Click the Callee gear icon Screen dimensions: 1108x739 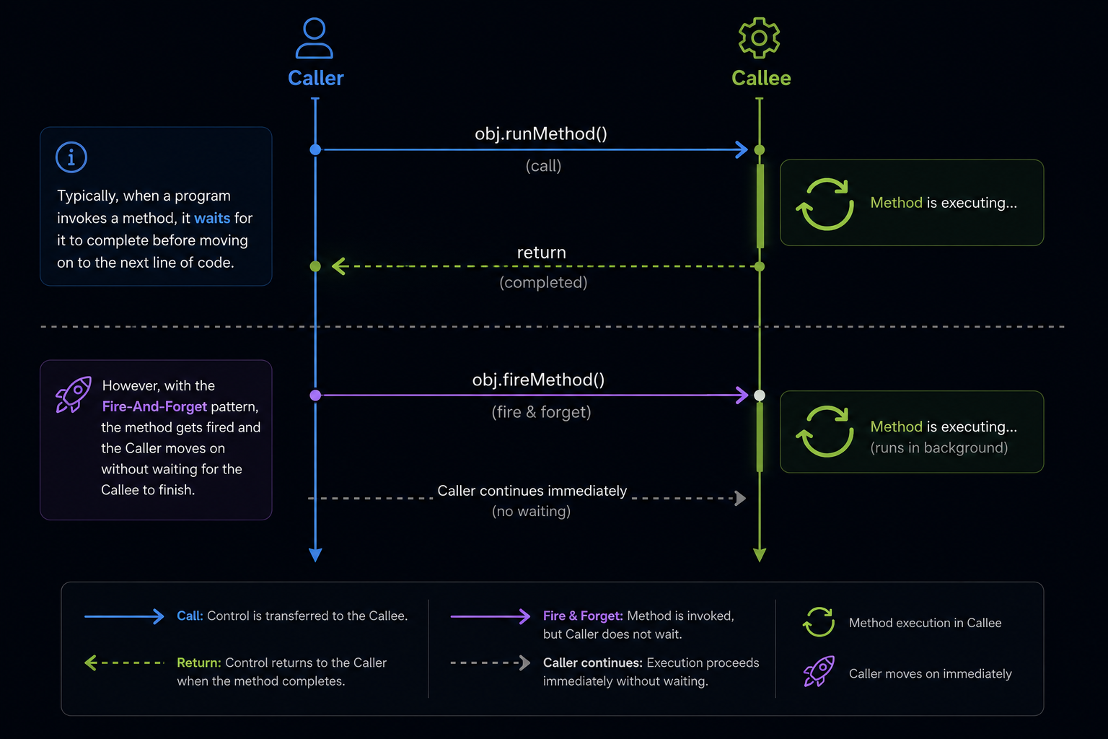pyautogui.click(x=760, y=38)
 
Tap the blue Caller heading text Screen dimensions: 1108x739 pyautogui.click(x=315, y=78)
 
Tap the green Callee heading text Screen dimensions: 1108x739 pyautogui.click(x=761, y=78)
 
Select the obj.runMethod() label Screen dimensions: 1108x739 pyautogui.click(x=540, y=134)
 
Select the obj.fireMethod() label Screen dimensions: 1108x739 pyautogui.click(x=538, y=380)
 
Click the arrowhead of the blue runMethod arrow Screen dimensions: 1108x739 pyautogui.click(x=742, y=149)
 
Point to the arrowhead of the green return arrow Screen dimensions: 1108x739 pyautogui.click(x=338, y=266)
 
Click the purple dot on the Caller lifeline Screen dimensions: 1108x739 pyautogui.click(x=315, y=395)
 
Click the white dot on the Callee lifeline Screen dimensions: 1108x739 pyautogui.click(x=760, y=395)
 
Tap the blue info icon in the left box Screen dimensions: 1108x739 pyautogui.click(x=71, y=157)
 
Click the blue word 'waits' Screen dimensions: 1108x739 pyautogui.click(x=212, y=218)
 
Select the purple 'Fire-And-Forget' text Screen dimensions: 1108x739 pyautogui.click(x=154, y=406)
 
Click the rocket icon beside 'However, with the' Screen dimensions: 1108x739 pyautogui.click(x=74, y=395)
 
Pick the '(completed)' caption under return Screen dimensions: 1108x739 pyautogui.click(x=543, y=283)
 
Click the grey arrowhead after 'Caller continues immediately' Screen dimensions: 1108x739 pyautogui.click(x=741, y=498)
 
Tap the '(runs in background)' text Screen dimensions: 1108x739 pyautogui.click(x=938, y=448)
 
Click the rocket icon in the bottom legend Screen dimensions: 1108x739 pyautogui.click(x=819, y=672)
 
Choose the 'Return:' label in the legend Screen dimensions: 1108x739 pyautogui.click(x=199, y=663)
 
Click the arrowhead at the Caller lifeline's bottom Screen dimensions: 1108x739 pyautogui.click(x=315, y=555)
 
